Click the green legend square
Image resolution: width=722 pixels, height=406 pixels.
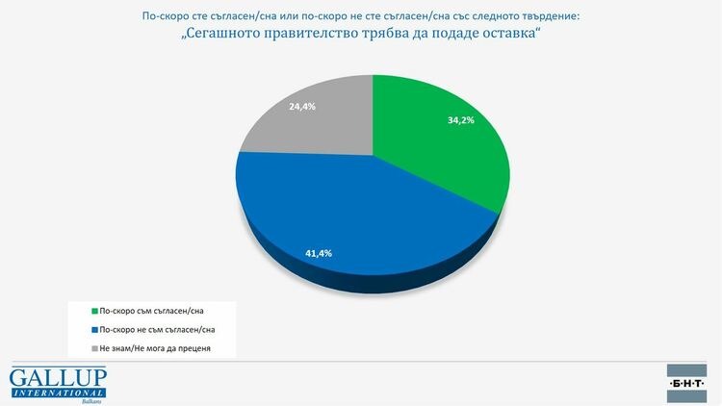(93, 311)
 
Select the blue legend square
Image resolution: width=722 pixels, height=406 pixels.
(93, 328)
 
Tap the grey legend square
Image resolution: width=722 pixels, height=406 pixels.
(93, 346)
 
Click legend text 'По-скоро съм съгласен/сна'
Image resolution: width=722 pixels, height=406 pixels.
(153, 311)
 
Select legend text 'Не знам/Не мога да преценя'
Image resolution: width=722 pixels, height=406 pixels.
(155, 346)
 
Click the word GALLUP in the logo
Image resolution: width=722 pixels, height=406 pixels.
(58, 376)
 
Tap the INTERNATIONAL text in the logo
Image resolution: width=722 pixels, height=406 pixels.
(58, 391)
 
